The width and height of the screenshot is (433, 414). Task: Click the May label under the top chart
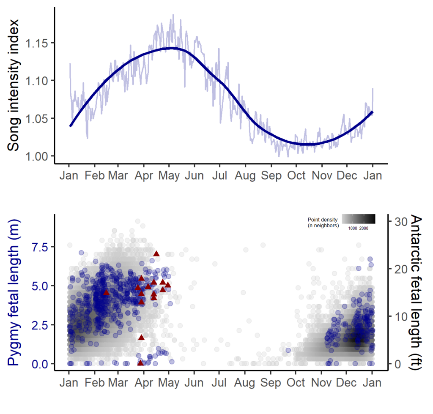[169, 176]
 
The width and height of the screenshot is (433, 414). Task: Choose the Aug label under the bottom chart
[245, 383]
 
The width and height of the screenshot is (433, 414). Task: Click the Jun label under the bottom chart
[194, 383]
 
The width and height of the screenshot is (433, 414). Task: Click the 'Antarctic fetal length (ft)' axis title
[417, 293]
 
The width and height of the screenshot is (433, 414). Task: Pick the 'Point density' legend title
[323, 223]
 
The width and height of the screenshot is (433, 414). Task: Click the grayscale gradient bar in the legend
[358, 219]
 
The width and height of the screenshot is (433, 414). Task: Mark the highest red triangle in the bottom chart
[156, 253]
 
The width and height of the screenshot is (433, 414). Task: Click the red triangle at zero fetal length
[140, 363]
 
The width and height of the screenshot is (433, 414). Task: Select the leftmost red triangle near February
[106, 292]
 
